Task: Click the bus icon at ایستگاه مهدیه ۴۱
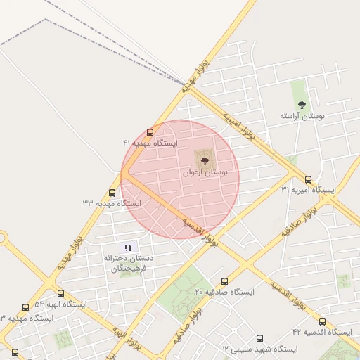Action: coord(150,132)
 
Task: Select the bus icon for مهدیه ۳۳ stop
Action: coord(112,193)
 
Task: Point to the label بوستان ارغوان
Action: coord(205,171)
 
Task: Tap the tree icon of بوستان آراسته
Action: coord(302,105)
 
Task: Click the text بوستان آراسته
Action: coord(302,115)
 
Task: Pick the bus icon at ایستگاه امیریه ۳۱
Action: coord(308,179)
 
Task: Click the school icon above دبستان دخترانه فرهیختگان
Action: coord(128,247)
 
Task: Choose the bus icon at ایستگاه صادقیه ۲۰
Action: coord(224,281)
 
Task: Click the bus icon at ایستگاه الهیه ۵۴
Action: coord(60,293)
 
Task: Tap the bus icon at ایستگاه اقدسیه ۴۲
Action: coord(322,321)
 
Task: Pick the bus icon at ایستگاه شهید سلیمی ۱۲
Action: coord(260,338)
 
